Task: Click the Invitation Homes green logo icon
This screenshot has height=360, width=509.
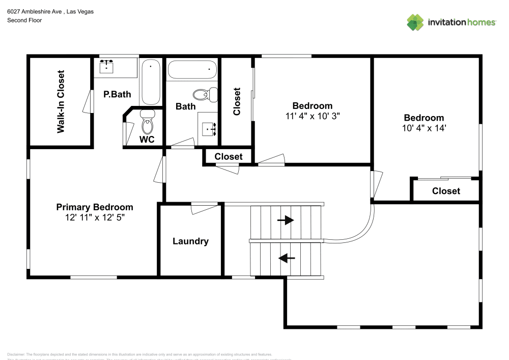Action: (x=415, y=22)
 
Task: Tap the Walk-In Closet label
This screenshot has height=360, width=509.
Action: (x=61, y=101)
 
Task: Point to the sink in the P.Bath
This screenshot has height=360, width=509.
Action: (x=106, y=67)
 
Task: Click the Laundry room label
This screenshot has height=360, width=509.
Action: (x=190, y=241)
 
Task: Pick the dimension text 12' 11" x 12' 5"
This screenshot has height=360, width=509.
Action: (x=94, y=217)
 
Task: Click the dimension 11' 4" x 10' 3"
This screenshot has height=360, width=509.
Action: (x=312, y=116)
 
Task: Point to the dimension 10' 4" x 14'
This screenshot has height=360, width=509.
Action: (x=423, y=128)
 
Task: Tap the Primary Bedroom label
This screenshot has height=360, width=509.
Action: (x=94, y=207)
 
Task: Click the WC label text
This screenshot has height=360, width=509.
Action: (x=147, y=140)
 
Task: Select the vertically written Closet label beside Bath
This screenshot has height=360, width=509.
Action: (x=237, y=101)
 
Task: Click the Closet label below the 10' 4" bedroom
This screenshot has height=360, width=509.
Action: (x=446, y=191)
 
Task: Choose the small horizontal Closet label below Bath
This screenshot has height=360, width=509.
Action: (x=228, y=157)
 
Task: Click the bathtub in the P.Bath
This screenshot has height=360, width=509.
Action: (x=151, y=82)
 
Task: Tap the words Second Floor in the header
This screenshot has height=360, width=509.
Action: (x=24, y=20)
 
